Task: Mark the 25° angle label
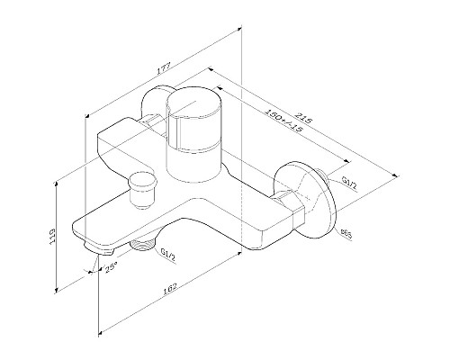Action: coord(112,267)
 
